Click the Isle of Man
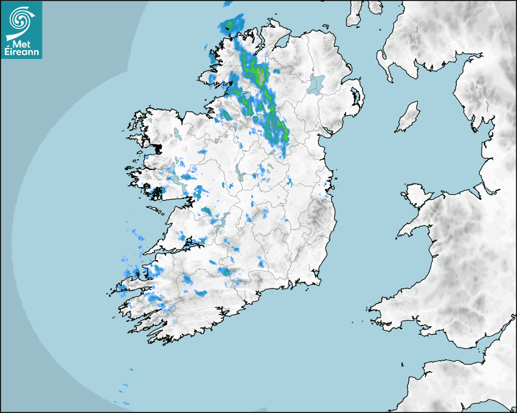408,117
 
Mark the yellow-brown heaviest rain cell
262,77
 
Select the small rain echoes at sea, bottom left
124,389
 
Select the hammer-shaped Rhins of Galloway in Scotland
383,61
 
